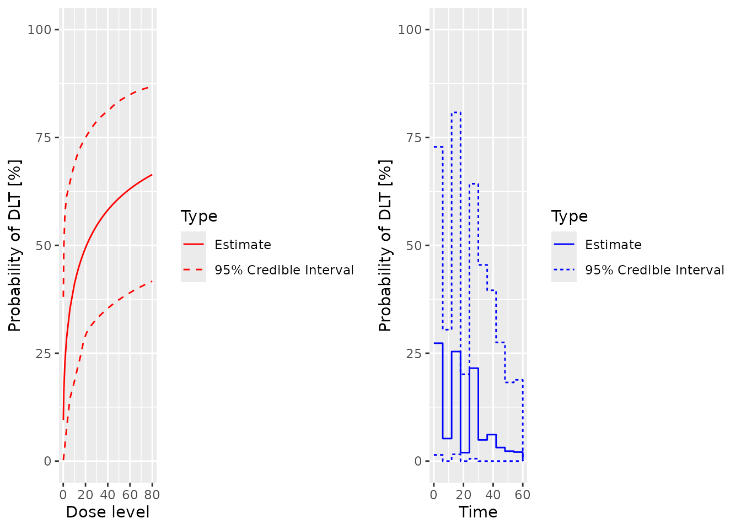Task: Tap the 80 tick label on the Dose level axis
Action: (152, 494)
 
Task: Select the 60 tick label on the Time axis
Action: (523, 494)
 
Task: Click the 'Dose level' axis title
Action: (108, 512)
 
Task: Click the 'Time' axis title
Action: (478, 512)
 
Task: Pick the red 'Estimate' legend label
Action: (243, 245)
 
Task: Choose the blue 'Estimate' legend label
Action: (613, 245)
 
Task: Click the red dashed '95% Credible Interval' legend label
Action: (284, 270)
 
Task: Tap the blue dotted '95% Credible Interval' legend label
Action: (654, 270)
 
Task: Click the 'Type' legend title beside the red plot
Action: (199, 216)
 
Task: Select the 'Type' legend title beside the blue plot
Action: (570, 216)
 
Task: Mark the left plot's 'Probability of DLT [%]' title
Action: (15, 245)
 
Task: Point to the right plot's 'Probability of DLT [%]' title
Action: (385, 245)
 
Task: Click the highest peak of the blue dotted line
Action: (456, 112)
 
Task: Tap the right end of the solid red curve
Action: (152, 174)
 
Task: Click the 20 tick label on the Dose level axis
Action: (85, 494)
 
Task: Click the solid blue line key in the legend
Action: (564, 244)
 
